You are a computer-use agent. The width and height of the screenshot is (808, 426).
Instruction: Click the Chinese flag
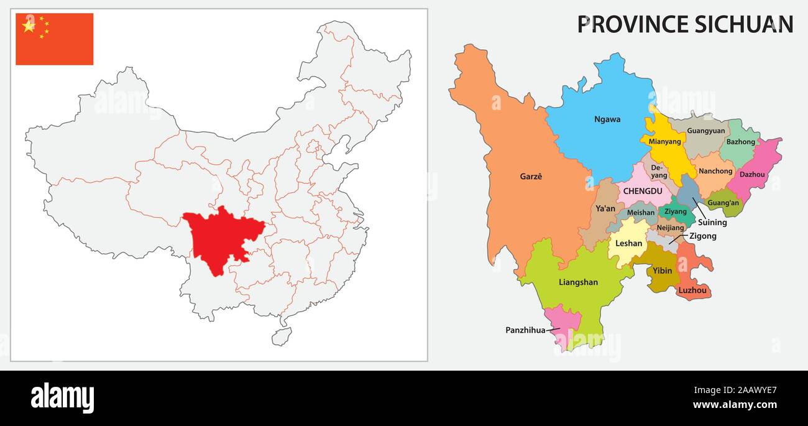click(x=55, y=39)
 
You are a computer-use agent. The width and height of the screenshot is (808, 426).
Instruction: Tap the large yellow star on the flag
click(x=29, y=25)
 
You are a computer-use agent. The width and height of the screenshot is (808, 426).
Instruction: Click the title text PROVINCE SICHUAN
click(x=685, y=24)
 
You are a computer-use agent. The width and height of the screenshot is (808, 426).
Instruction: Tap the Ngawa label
click(x=607, y=119)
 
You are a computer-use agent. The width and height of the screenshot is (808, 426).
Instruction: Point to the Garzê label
click(x=531, y=177)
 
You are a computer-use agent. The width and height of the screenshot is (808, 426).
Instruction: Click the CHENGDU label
click(x=643, y=192)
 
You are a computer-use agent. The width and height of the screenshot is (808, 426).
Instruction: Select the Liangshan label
click(x=578, y=282)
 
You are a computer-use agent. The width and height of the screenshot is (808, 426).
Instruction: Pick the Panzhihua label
click(x=525, y=330)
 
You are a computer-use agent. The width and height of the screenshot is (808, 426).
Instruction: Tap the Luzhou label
click(x=692, y=290)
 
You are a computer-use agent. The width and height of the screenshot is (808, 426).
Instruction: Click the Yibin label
click(x=662, y=271)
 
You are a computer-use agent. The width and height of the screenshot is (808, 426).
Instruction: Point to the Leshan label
click(x=628, y=243)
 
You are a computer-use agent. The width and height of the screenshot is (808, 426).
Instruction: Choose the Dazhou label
click(x=752, y=175)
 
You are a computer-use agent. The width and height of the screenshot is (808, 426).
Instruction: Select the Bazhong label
click(x=740, y=142)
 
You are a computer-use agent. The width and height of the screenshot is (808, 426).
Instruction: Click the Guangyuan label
click(x=706, y=131)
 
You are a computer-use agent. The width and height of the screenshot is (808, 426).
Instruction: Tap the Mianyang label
click(x=664, y=141)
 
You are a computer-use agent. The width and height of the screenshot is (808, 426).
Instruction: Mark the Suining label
click(x=712, y=223)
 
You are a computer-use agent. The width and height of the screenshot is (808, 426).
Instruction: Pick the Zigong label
click(x=702, y=236)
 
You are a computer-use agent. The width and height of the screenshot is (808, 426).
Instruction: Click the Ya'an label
click(x=605, y=209)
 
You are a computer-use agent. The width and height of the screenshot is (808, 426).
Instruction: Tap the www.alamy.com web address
click(x=735, y=405)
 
